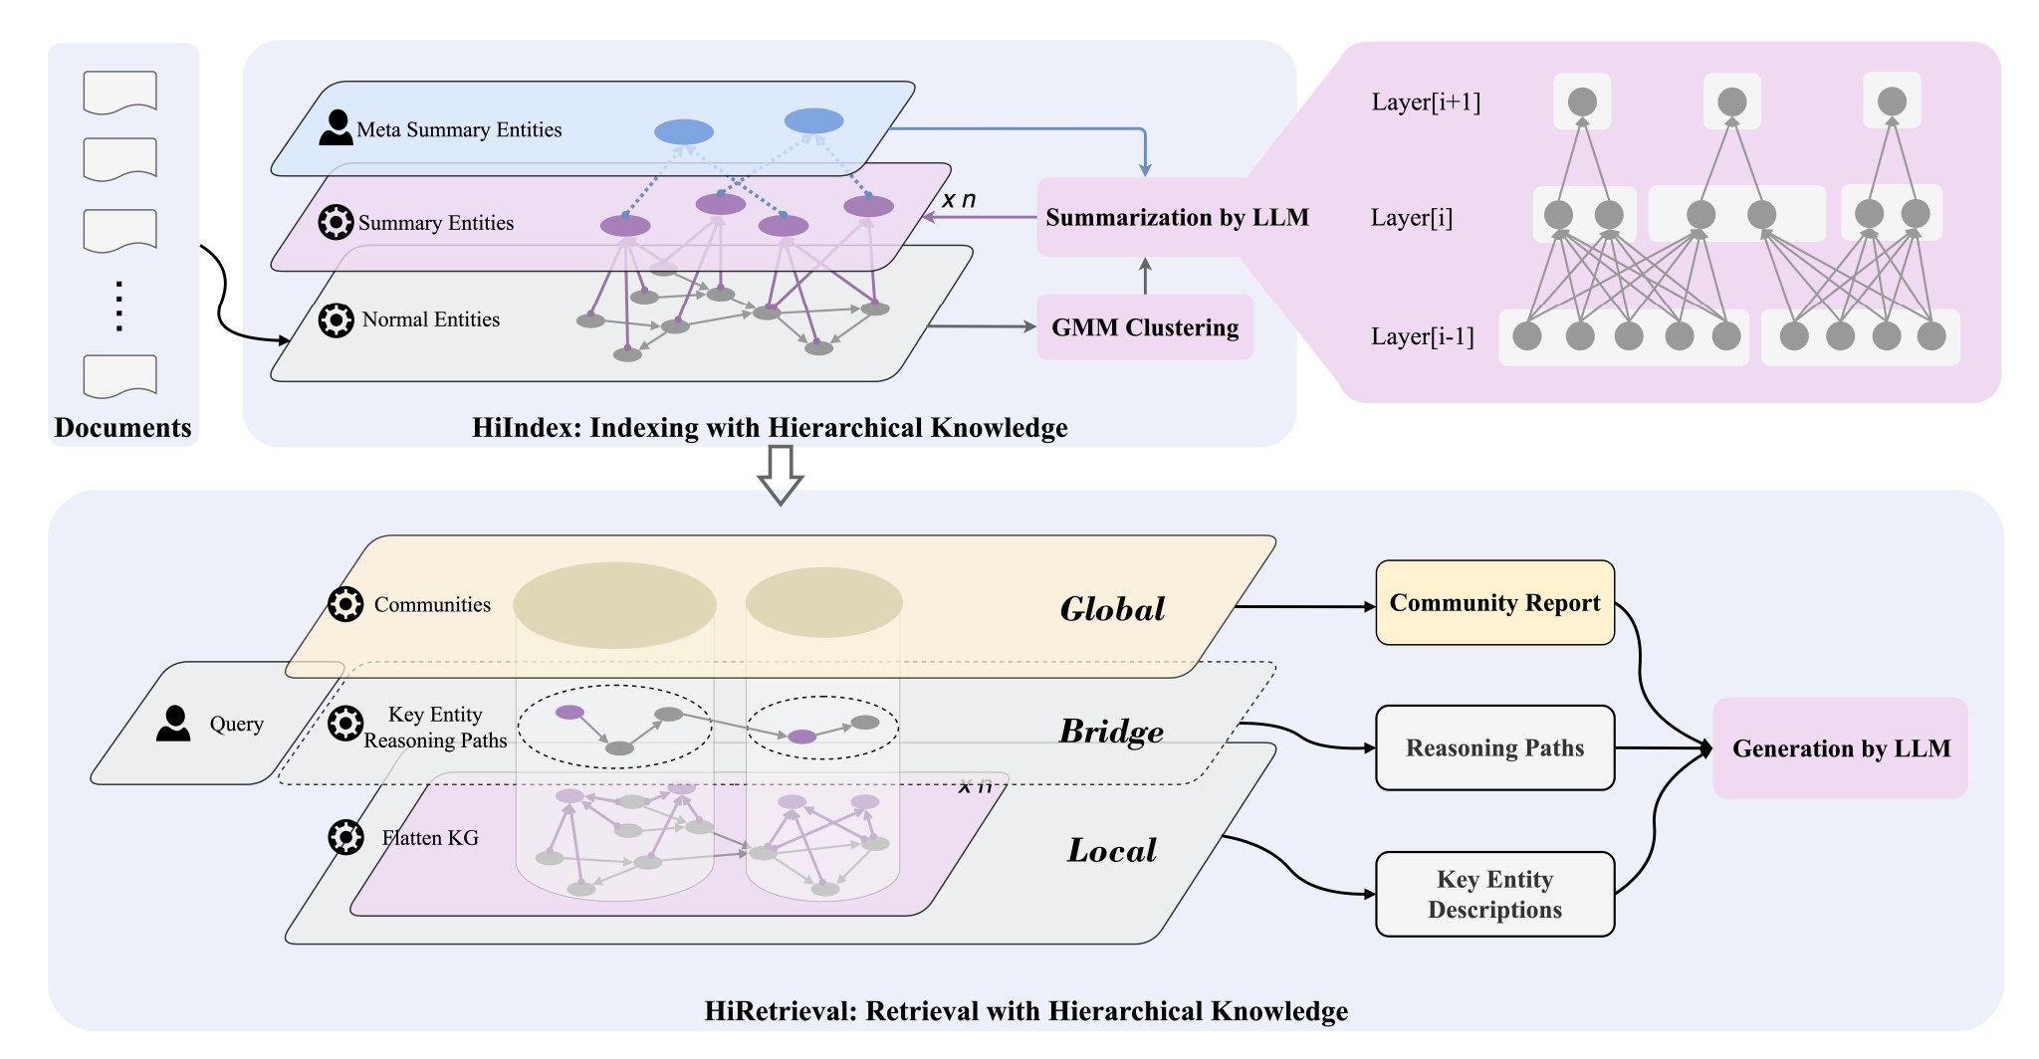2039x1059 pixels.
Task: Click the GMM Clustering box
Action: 1145,327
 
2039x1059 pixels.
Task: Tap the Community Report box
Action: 1494,603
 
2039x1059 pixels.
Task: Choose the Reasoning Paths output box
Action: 1494,747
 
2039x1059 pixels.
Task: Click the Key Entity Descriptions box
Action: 1494,894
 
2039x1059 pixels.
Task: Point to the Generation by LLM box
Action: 1840,748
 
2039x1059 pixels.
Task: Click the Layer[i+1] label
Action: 1426,103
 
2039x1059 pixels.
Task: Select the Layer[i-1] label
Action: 1422,336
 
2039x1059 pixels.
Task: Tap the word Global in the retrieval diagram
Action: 1112,609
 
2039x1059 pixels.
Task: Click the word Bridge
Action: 1111,732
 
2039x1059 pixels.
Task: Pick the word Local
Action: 1112,850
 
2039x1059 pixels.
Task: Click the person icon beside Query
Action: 173,724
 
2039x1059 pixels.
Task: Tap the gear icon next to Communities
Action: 345,604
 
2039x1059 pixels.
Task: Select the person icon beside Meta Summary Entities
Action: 336,127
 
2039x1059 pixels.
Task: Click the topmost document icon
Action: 119,93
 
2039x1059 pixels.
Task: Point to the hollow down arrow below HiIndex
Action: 781,475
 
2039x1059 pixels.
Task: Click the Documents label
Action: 122,428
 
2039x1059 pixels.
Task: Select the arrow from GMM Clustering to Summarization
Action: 1145,276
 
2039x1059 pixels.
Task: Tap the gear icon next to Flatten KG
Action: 345,837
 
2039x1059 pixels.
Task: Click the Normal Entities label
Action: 431,319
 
